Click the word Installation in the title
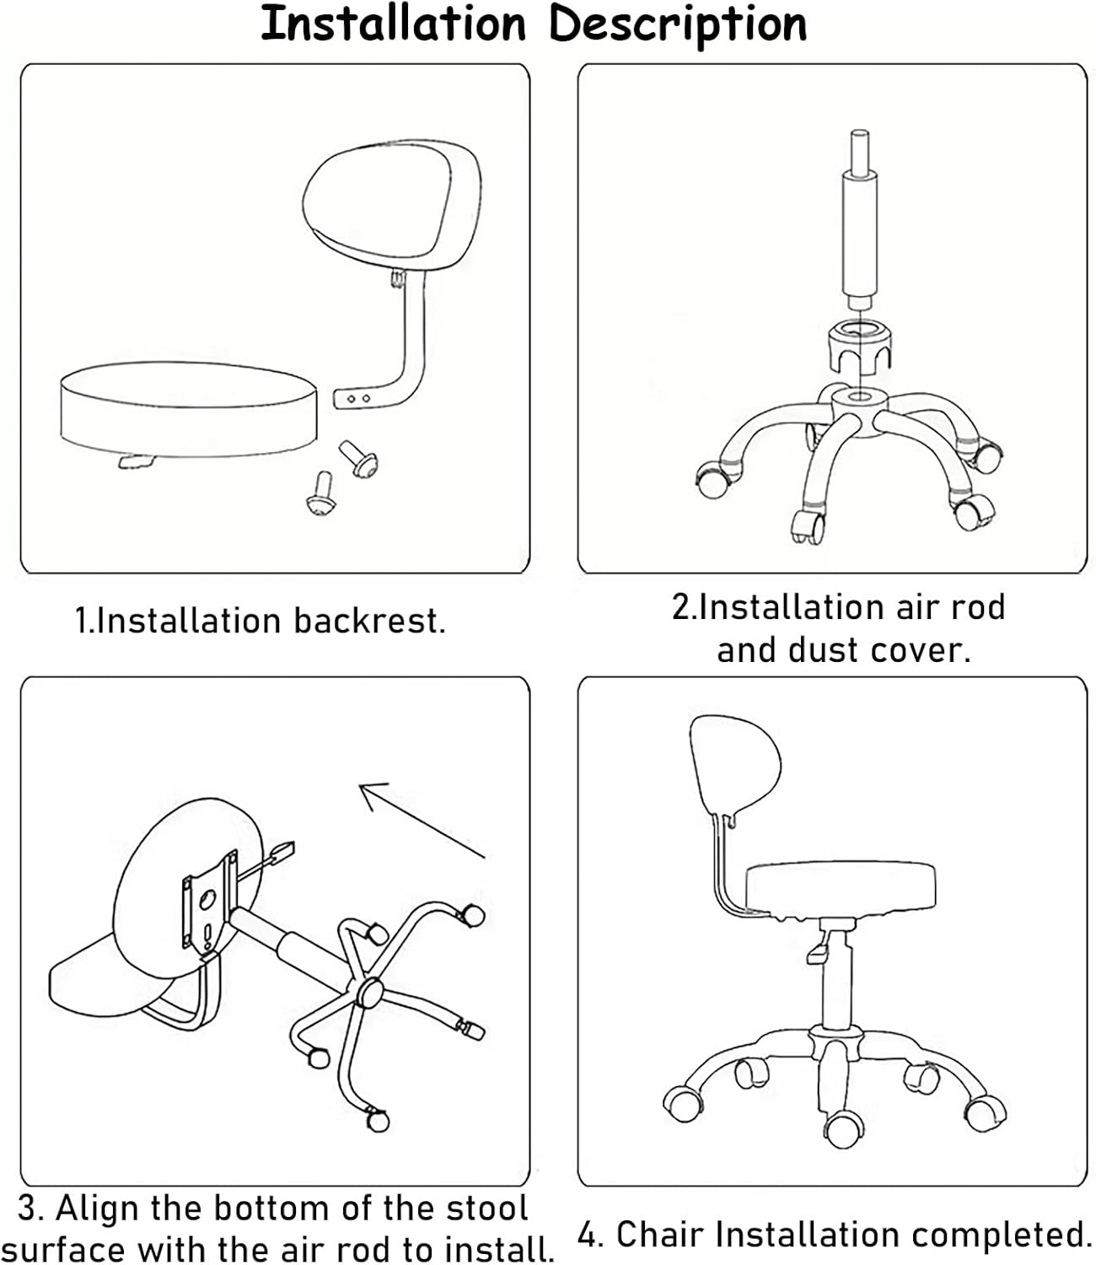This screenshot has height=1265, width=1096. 393,24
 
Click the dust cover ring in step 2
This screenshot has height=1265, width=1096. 858,347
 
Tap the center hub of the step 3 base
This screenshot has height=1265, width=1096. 368,993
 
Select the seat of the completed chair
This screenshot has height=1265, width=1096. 841,890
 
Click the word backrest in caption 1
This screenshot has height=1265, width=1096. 368,622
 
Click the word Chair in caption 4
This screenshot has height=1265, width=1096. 659,1235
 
